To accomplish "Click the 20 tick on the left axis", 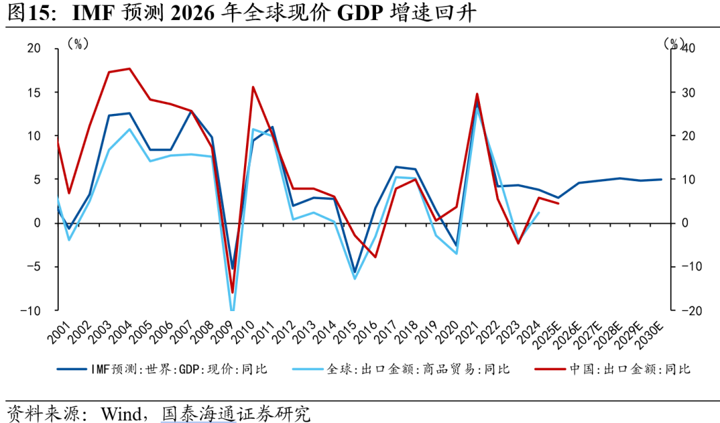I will pyautogui.click(x=33, y=49).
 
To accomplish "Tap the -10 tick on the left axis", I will pyautogui.click(x=30, y=311).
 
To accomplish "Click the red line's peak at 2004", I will pyautogui.click(x=129, y=69).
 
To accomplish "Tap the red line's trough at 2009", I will pyautogui.click(x=232, y=292).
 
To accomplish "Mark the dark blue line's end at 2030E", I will pyautogui.click(x=661, y=179).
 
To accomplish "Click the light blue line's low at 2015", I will pyautogui.click(x=355, y=278).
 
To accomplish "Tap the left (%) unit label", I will pyautogui.click(x=78, y=44).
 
